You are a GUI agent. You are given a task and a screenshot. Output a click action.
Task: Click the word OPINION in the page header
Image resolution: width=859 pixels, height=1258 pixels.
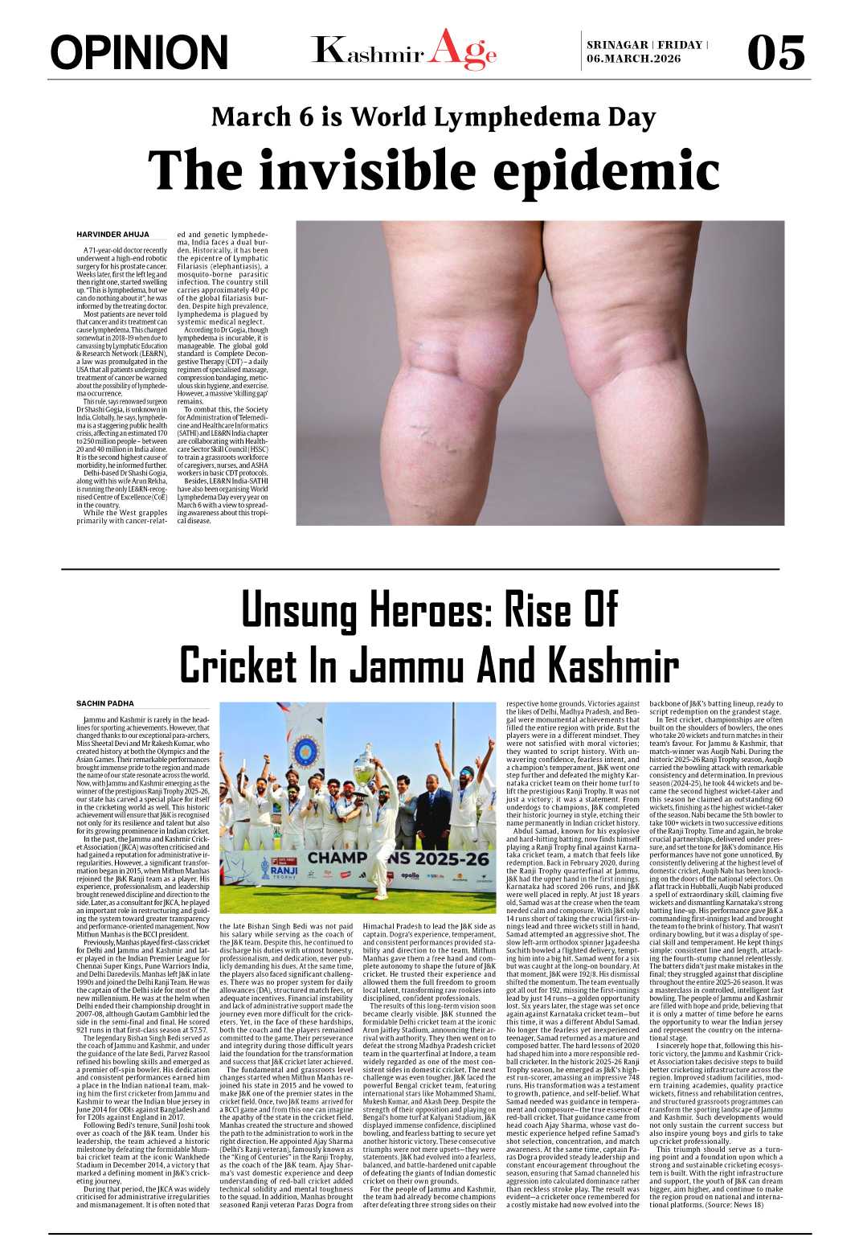coord(139,53)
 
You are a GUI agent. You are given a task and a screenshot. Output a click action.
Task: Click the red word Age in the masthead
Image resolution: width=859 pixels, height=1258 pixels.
coord(462,51)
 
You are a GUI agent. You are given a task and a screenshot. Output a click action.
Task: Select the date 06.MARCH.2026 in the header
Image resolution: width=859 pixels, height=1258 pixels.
coord(633,59)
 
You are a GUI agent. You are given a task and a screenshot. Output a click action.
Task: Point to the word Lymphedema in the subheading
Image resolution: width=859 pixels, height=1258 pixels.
coord(501,117)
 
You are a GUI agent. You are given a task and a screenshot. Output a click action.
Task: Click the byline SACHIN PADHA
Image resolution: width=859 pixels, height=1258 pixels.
coord(105,703)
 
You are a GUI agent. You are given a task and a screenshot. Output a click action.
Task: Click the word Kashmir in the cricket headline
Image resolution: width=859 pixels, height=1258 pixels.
coord(611,666)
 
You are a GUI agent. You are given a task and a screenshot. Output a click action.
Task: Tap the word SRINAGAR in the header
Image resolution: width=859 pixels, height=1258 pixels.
coord(616,45)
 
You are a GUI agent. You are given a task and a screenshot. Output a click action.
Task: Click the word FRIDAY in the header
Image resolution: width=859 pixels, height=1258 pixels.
coord(680,45)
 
